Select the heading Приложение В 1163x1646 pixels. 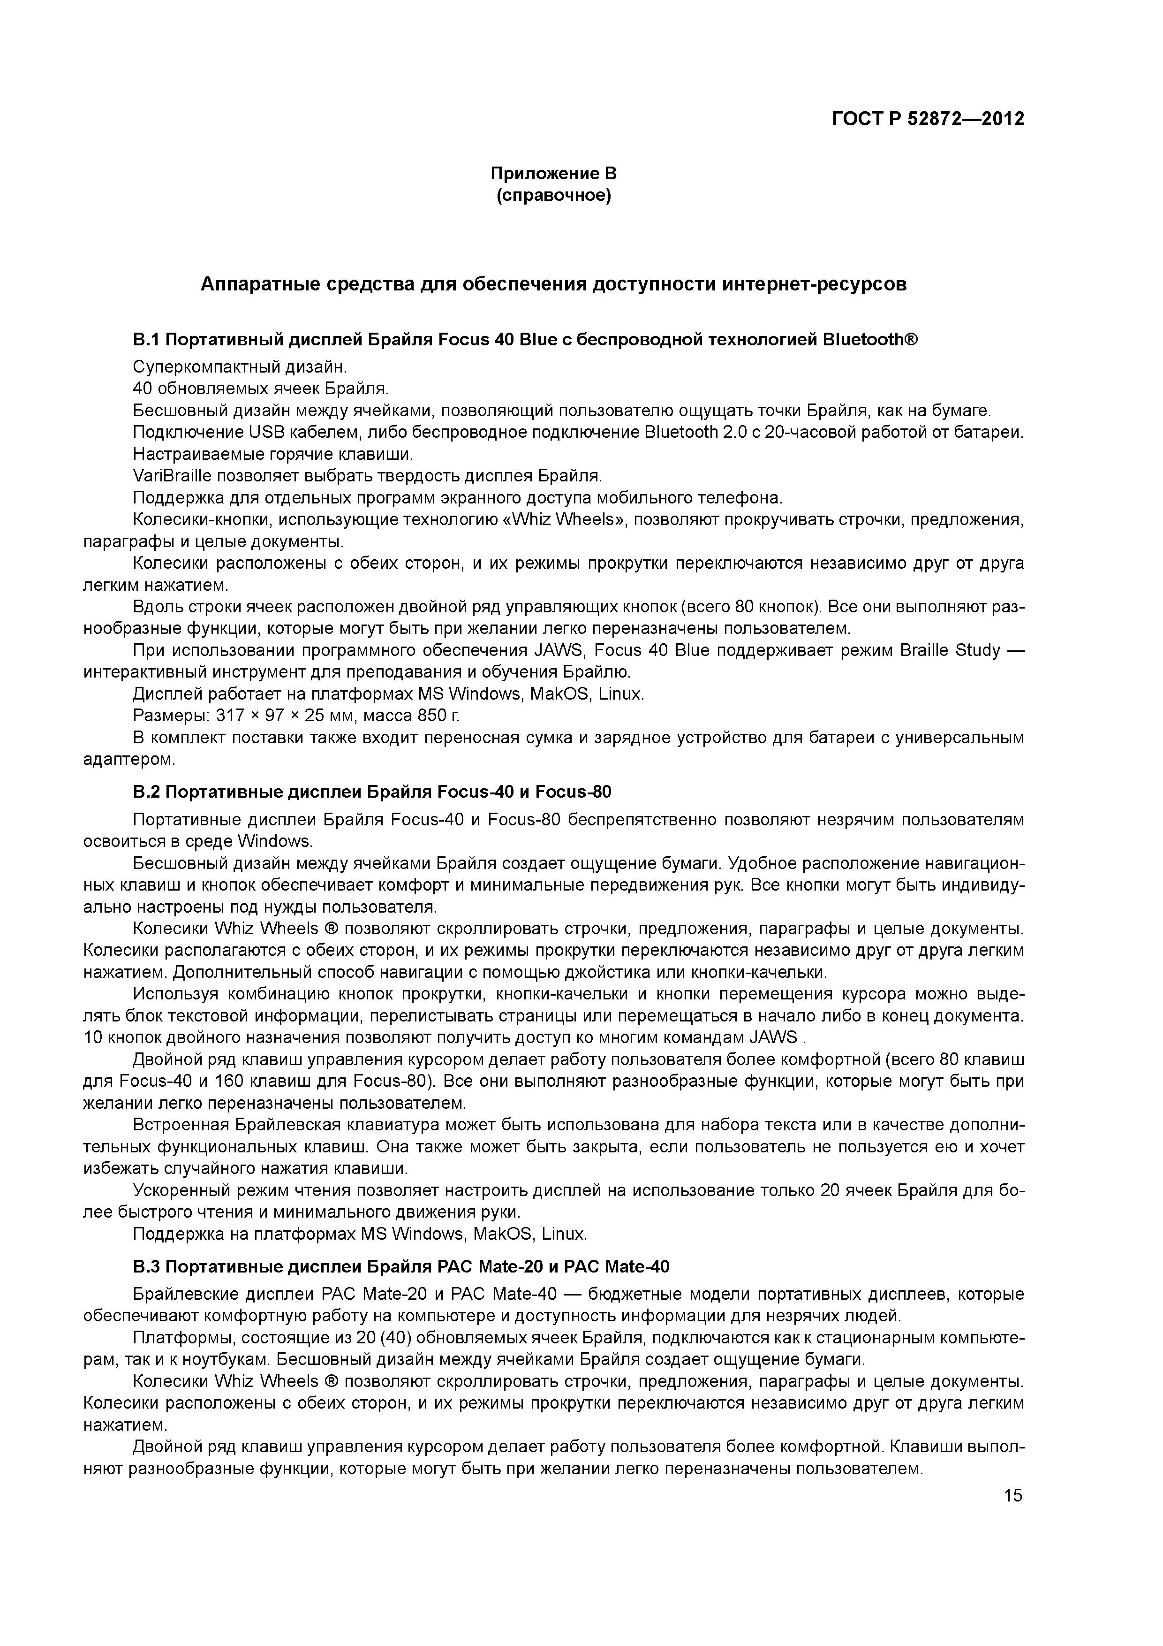pyautogui.click(x=553, y=174)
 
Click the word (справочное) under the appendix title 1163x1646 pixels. pyautogui.click(x=553, y=196)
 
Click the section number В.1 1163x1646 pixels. pyautogui.click(x=148, y=339)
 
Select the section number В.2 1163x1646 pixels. pyautogui.click(x=148, y=792)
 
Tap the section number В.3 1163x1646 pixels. pyautogui.click(x=148, y=1267)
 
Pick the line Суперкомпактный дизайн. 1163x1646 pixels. pyautogui.click(x=239, y=367)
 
